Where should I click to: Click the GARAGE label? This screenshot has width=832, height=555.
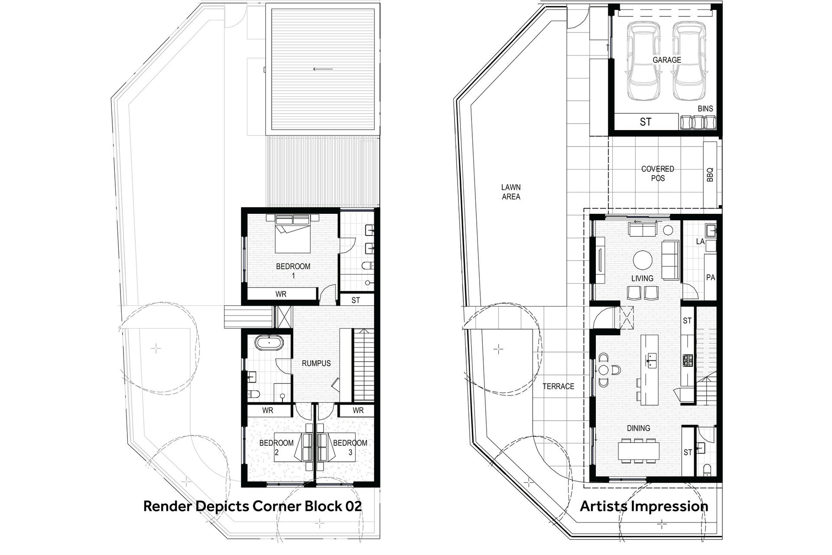667,60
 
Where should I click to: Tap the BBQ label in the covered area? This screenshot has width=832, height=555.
709,175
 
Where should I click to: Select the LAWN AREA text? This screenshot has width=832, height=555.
511,192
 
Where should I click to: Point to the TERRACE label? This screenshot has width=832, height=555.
559,386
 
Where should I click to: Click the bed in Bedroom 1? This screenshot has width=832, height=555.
293,233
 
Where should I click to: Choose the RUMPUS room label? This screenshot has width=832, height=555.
316,363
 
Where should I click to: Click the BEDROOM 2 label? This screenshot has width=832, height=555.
276,447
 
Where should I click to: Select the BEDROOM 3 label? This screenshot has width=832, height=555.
350,447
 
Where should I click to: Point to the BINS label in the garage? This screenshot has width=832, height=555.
705,109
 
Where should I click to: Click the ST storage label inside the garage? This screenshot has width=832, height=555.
646,122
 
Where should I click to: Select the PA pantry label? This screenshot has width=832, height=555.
711,277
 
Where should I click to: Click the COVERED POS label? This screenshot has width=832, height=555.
658,173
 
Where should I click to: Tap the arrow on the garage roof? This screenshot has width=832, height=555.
323,69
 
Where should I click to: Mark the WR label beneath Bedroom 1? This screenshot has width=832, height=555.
281,294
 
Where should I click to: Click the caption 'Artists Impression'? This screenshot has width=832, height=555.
644,506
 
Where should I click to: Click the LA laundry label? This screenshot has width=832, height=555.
700,241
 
